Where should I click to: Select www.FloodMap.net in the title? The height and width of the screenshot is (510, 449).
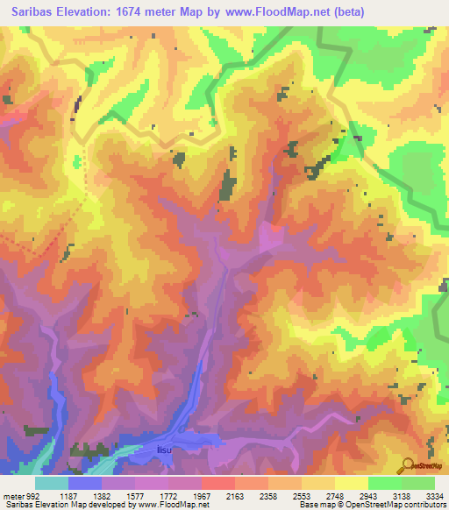click(x=282, y=11)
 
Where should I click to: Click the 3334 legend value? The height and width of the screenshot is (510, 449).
click(x=434, y=497)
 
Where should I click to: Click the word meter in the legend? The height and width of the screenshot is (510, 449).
click(x=13, y=497)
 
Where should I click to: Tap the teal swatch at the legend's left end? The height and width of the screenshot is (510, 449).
click(x=52, y=482)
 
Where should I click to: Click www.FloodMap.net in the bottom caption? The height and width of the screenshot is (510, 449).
click(x=175, y=506)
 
